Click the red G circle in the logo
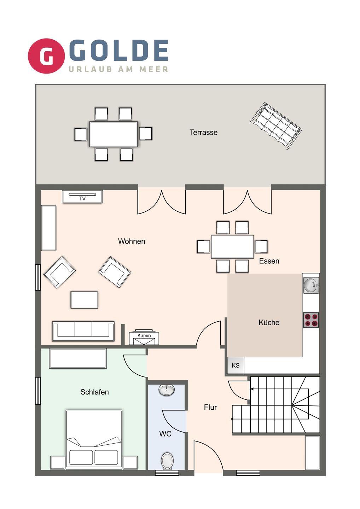point(46,56)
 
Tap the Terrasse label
point(203,132)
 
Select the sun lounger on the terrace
point(276,126)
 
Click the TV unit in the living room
point(82,197)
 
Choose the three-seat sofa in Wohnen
point(83,331)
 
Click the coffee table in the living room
point(84,300)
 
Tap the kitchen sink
point(311,285)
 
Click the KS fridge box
point(236,365)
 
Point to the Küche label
point(269,322)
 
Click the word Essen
point(269,261)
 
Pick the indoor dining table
point(232,247)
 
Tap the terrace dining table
point(114,134)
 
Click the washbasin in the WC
point(167,390)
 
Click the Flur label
point(210,407)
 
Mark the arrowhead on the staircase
point(252,389)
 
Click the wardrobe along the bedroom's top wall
point(78,358)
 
